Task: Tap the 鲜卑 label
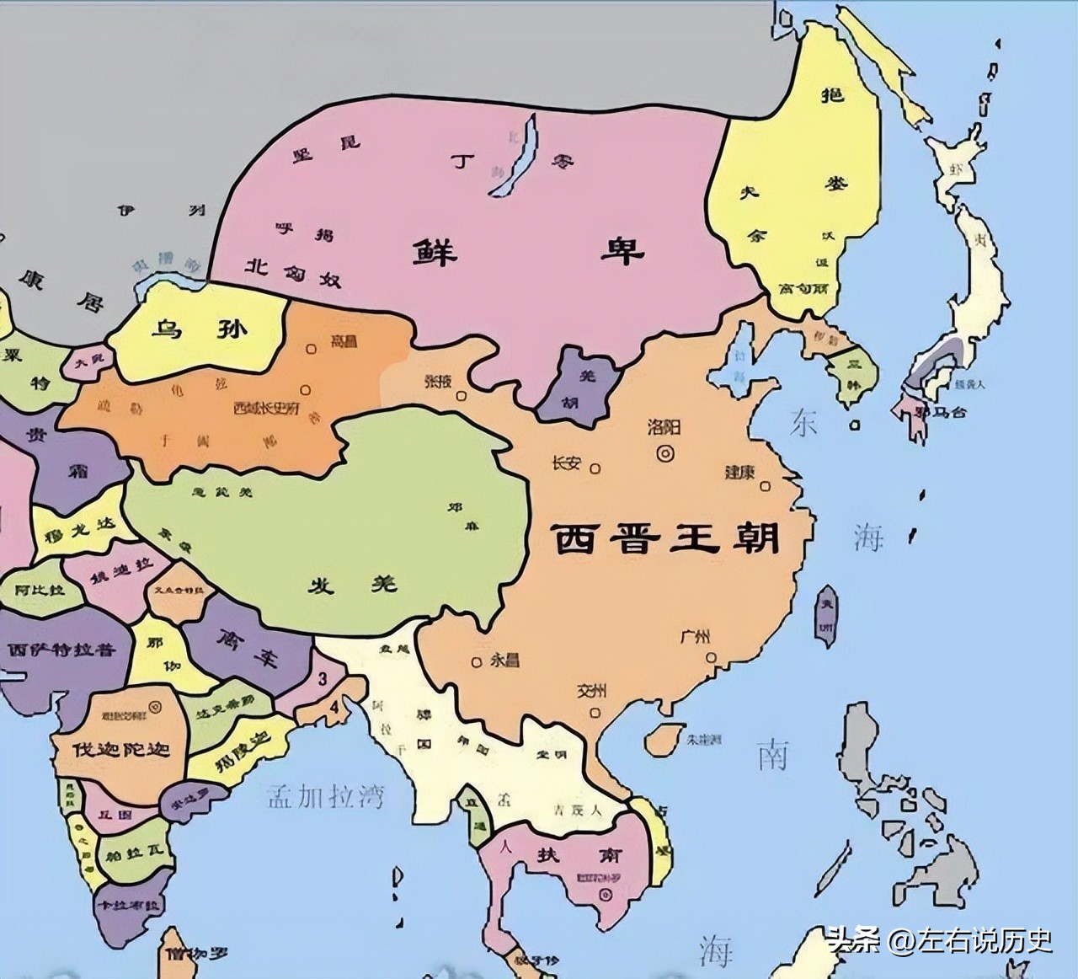click(x=528, y=250)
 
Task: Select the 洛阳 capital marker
click(x=665, y=452)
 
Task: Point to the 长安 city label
click(x=566, y=463)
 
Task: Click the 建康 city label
click(x=739, y=473)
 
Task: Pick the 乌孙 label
click(x=199, y=329)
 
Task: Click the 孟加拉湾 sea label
click(x=326, y=795)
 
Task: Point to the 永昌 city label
click(x=504, y=661)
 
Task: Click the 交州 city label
click(x=592, y=692)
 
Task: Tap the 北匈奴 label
click(x=293, y=272)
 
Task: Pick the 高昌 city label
click(x=344, y=341)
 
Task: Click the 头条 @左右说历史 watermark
click(x=938, y=939)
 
